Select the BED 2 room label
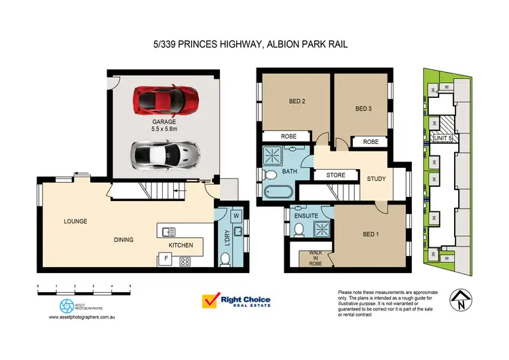(x=297, y=102)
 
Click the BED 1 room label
(x=371, y=234)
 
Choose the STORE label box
(x=336, y=175)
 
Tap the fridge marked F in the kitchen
(x=164, y=258)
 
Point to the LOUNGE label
(x=75, y=221)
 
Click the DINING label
(x=124, y=239)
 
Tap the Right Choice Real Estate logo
(x=236, y=300)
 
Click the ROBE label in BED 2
(x=289, y=137)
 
